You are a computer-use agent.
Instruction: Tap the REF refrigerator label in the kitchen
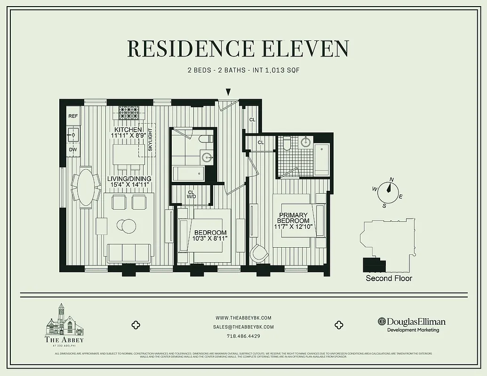[73, 116]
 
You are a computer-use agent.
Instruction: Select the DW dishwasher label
[73, 150]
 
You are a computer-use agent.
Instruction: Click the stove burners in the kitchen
[127, 113]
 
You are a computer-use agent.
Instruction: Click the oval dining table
[86, 187]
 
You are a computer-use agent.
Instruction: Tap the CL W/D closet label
[191, 195]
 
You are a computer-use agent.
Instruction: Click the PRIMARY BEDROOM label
[293, 218]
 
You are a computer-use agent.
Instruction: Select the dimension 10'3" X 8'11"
[210, 238]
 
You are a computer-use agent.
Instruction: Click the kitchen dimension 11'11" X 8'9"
[127, 135]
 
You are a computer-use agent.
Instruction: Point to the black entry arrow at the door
[228, 92]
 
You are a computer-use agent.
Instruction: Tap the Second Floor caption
[389, 278]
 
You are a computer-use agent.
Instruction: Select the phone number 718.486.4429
[243, 336]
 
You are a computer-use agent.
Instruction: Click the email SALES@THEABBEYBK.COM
[243, 327]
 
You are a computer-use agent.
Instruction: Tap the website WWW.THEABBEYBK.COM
[243, 317]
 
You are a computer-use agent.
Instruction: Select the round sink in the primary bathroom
[305, 142]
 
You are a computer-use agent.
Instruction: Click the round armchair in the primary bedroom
[258, 253]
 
